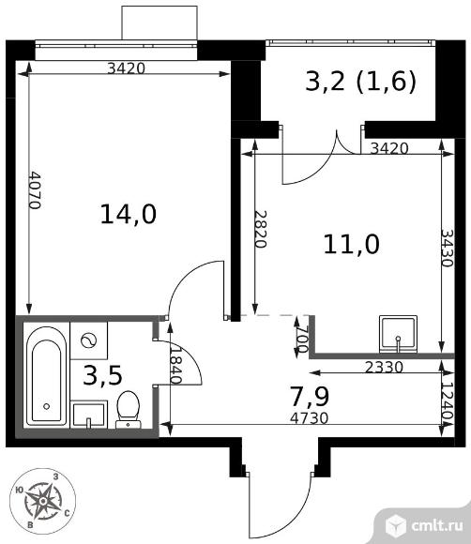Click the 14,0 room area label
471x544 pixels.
[129, 214]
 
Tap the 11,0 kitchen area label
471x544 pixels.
[351, 244]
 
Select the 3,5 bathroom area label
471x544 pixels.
[103, 375]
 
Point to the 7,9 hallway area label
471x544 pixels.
[310, 397]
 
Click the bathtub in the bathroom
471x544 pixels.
[47, 376]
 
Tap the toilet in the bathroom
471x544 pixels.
[129, 409]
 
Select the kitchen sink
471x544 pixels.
[398, 333]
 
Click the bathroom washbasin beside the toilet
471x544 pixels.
[89, 415]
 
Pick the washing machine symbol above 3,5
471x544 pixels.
[89, 340]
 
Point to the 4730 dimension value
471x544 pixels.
[310, 418]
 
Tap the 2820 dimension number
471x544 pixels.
[261, 229]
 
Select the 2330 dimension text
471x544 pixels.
[385, 367]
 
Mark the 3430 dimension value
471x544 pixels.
[448, 248]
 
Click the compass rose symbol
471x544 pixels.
[42, 501]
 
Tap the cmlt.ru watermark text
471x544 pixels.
[437, 525]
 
